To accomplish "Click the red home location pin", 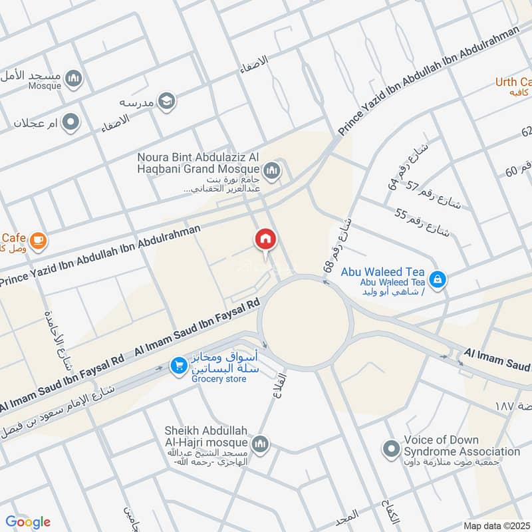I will (265, 240).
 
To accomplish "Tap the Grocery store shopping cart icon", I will (178, 365).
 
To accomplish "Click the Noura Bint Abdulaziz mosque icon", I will (271, 172).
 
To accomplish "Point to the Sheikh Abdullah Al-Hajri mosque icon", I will (260, 444).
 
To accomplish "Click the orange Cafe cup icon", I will (38, 240).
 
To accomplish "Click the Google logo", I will (28, 522).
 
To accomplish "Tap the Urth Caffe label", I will (513, 82).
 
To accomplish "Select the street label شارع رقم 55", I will (422, 222).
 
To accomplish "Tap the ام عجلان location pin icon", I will (70, 122).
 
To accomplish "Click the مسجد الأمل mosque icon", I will (74, 79).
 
